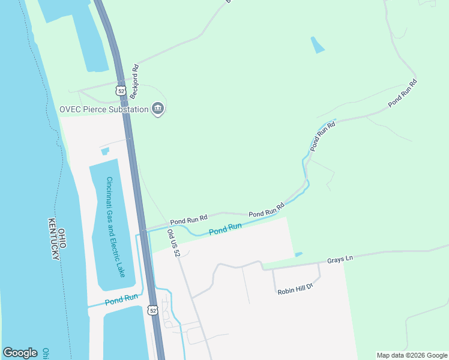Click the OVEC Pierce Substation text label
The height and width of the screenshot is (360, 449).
(x=103, y=109)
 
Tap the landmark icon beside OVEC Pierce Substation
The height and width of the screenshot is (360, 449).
(x=158, y=109)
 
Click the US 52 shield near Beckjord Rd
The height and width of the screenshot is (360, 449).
(x=121, y=91)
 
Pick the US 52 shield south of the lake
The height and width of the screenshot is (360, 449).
(x=151, y=310)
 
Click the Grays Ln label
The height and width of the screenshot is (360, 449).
(x=340, y=259)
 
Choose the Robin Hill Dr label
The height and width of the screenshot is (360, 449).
(x=295, y=289)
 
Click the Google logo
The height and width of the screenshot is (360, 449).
(x=20, y=353)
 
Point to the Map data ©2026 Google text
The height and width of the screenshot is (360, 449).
(x=412, y=355)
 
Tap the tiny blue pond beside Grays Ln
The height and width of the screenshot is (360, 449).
(x=298, y=254)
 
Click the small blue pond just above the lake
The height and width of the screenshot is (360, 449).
(x=105, y=151)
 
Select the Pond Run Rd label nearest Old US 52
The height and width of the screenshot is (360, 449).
(x=188, y=220)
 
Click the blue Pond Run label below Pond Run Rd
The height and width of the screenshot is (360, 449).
(x=225, y=229)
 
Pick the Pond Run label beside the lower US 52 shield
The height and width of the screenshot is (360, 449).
(x=121, y=299)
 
